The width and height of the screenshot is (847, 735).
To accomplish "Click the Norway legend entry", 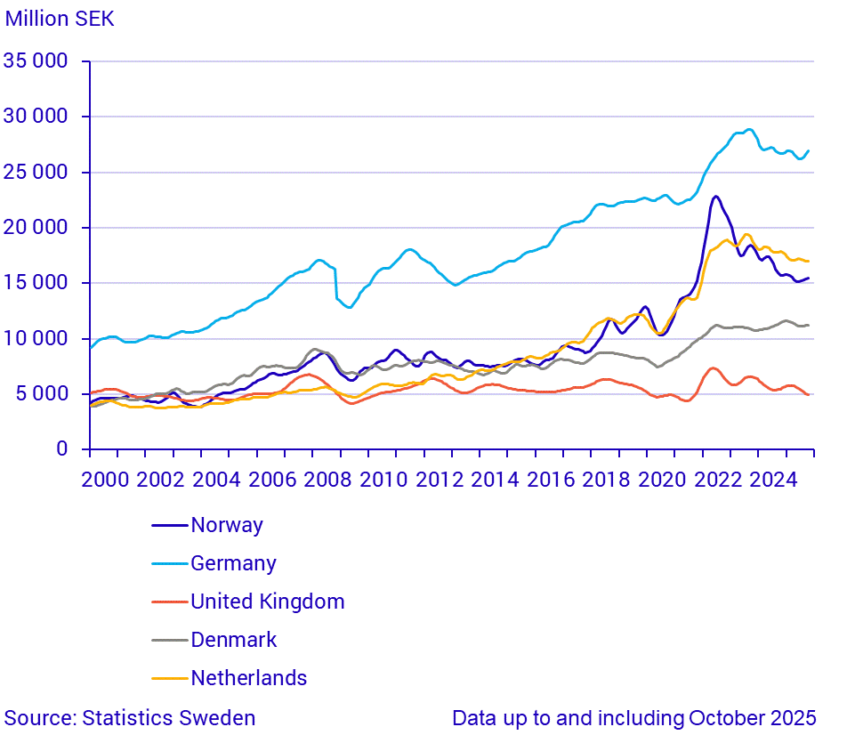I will point(227,525).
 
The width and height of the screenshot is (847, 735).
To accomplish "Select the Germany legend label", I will point(233,563).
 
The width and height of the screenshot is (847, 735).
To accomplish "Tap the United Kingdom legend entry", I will point(267,602).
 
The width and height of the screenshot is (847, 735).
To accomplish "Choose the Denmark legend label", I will point(233,640).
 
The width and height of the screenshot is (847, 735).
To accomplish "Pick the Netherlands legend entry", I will point(248,678).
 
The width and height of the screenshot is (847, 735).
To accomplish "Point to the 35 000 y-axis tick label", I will point(38,61).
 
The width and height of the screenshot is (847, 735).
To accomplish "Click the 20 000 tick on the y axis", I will point(38,228).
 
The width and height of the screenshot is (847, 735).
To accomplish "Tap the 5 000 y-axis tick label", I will point(44,393).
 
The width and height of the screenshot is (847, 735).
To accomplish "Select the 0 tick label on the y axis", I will point(63,449).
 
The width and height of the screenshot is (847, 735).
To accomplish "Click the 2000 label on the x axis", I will point(104,480).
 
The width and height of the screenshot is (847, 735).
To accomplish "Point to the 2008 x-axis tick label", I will point(327,480).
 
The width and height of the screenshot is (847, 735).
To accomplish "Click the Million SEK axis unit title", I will point(60,18).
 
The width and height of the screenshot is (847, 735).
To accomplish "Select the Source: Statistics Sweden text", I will point(130,718).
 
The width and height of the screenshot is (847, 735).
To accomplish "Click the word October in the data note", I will point(729,718).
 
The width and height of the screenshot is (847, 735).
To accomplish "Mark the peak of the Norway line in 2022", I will point(716,196).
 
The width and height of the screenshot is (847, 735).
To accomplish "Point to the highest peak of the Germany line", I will point(749,129).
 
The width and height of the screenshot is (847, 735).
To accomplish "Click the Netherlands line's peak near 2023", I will point(746,234).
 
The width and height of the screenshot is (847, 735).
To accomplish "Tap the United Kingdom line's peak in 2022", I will point(713,367).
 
